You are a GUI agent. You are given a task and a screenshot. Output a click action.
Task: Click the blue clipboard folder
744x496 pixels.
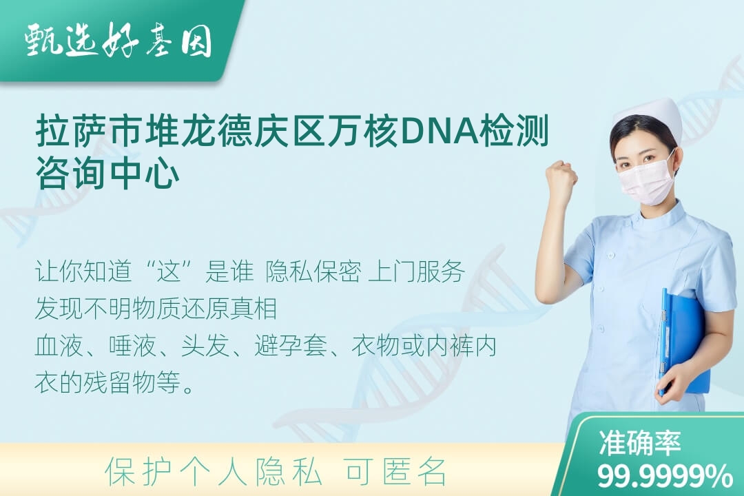tap(683, 341)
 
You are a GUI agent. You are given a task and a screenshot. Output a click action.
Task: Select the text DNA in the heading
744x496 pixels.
tap(440, 131)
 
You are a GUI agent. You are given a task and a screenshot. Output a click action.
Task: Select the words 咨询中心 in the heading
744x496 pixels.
tap(107, 173)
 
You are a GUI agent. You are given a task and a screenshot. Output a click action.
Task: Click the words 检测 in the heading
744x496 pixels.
tap(515, 131)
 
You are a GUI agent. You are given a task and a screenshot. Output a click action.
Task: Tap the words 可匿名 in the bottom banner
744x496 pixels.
tap(395, 472)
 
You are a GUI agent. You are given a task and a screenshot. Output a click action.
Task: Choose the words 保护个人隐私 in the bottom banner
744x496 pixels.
tap(214, 472)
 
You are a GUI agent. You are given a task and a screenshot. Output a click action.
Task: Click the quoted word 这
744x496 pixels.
tap(170, 272)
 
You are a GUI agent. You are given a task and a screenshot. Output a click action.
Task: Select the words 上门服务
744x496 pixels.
tap(416, 272)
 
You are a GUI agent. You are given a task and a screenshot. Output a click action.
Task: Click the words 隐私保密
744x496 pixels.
tap(313, 272)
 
